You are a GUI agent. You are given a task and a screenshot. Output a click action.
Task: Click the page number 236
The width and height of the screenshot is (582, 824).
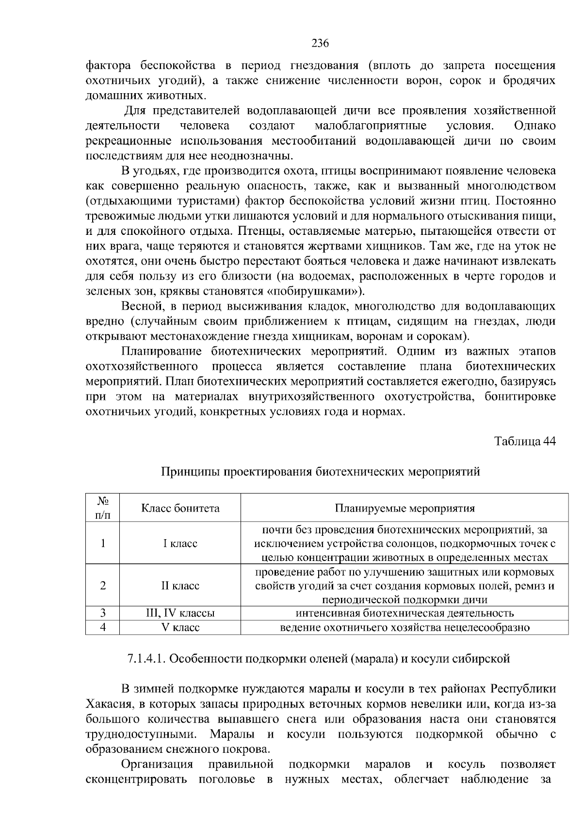[320, 43]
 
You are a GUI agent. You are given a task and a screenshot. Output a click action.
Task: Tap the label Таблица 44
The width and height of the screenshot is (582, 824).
[525, 442]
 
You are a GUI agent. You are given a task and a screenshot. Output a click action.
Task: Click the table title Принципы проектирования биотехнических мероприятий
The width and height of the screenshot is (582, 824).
[320, 471]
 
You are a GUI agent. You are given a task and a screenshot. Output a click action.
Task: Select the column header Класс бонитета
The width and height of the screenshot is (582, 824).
[180, 508]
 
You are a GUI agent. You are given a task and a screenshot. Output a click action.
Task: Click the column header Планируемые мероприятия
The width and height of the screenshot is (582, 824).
[404, 508]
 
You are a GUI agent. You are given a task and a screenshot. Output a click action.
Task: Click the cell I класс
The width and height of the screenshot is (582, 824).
[180, 544]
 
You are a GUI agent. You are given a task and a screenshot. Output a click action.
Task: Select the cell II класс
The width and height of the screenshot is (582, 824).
[180, 586]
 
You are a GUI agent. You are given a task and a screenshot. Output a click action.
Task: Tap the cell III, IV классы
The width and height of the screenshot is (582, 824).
[180, 613]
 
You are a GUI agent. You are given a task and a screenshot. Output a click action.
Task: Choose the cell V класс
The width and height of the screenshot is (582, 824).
[180, 627]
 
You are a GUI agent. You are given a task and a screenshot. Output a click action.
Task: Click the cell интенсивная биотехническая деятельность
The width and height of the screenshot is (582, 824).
[404, 613]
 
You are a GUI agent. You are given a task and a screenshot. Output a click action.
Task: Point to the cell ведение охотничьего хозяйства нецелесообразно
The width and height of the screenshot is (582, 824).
[404, 627]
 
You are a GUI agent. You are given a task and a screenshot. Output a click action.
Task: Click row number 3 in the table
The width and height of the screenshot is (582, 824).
[103, 613]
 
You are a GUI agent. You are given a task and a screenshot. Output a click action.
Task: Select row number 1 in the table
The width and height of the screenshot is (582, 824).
[103, 544]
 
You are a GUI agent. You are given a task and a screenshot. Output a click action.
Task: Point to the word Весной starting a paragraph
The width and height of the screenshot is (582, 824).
[141, 307]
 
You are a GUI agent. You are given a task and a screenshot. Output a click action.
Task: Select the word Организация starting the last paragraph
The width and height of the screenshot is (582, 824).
[157, 764]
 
